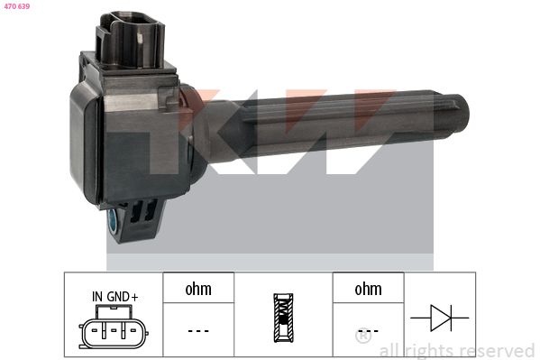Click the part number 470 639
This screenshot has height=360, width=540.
[x=17, y=5]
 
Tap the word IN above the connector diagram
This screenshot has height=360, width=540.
[x=97, y=297]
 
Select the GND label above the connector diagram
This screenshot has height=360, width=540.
[x=118, y=297]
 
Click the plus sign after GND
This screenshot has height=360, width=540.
[x=134, y=297]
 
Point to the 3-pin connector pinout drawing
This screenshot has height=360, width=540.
[x=114, y=327]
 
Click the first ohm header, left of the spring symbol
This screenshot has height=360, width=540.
[x=198, y=289]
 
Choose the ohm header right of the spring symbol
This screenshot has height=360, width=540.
[x=368, y=289]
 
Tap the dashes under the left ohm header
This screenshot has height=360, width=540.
[x=198, y=331]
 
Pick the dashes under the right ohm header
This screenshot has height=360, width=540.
[x=368, y=331]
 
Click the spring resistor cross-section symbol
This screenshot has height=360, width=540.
[x=283, y=318]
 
